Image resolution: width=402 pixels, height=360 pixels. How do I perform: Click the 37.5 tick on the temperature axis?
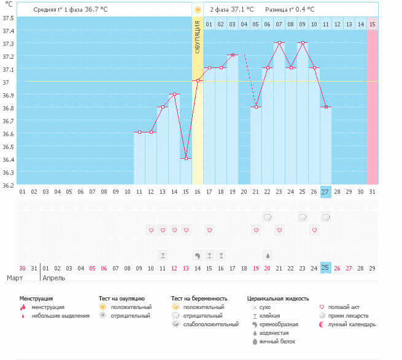[x=8, y=18]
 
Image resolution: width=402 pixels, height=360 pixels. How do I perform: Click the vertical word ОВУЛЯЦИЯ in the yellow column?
[x=198, y=37]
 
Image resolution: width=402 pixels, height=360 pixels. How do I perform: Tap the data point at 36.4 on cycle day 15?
[x=186, y=158]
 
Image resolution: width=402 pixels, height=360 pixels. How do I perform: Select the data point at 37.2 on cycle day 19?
[x=233, y=55]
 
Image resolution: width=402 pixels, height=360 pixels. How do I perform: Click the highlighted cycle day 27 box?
[x=325, y=191]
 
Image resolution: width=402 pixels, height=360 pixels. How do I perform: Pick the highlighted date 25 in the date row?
[x=325, y=267]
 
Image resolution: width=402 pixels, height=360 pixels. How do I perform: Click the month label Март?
[x=15, y=278]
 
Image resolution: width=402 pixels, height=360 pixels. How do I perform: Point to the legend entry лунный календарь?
[x=353, y=324]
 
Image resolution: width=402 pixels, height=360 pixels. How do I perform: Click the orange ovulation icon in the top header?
[x=198, y=10]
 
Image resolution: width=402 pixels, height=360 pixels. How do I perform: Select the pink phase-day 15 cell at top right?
[x=372, y=24]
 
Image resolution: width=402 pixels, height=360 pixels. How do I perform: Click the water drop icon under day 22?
[x=268, y=255]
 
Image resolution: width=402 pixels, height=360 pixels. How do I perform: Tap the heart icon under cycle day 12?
[x=151, y=230]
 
